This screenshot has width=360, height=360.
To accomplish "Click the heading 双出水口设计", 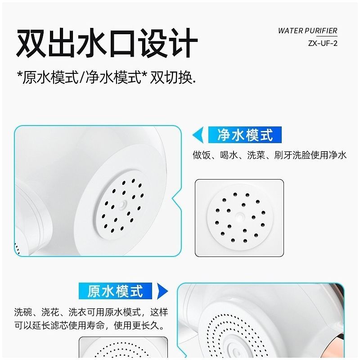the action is pos(107,43).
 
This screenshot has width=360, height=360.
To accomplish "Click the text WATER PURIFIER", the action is pos(307,31).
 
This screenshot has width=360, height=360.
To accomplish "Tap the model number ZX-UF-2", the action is pos(323,43).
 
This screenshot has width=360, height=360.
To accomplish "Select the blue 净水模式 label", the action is pos(245,135).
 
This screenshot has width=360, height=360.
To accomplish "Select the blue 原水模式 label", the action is pos(115,291).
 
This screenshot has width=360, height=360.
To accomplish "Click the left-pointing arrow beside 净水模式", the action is pos(198,135).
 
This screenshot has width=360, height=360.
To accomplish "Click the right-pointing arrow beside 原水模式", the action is pos(162,291).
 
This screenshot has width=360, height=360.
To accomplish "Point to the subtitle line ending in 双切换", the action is pos(107,77).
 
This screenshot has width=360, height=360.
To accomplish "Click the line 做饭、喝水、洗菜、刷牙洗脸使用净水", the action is pos(270,155).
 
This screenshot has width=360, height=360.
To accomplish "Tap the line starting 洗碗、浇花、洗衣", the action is pos(91,312).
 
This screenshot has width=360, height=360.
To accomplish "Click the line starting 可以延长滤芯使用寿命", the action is pos(90,325).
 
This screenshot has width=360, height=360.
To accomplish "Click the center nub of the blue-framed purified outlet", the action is pos(123,204).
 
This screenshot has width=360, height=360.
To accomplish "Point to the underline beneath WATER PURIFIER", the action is pos(327,36).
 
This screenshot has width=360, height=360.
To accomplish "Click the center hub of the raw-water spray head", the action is pos(236,351).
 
